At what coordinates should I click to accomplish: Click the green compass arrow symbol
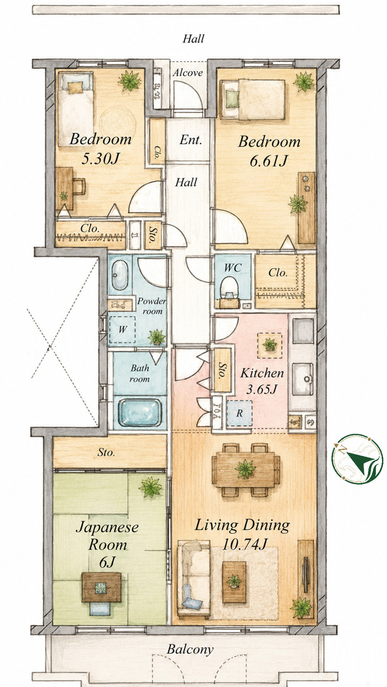[361, 459]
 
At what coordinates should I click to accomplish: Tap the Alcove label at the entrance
[188, 72]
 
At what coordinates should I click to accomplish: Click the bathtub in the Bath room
[140, 412]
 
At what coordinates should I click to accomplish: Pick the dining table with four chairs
[246, 470]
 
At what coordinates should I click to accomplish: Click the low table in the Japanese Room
[102, 587]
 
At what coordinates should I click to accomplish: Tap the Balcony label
[190, 641]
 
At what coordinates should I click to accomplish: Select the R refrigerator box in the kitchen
[240, 413]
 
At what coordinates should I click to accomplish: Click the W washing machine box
[122, 330]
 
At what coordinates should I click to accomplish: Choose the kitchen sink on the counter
[303, 379]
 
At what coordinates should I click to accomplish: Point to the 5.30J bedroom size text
[100, 159]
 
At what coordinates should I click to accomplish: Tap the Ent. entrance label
[191, 140]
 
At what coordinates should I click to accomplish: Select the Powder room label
[151, 306]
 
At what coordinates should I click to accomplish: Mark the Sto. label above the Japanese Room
[106, 452]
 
